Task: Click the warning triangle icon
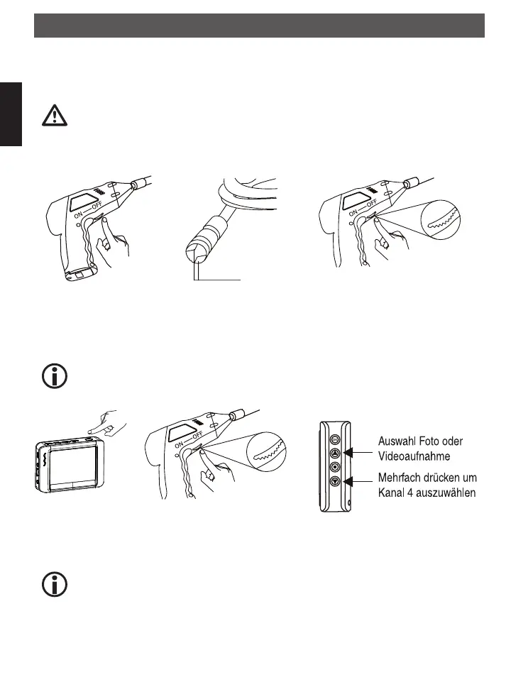(55, 114)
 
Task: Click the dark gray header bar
(259, 26)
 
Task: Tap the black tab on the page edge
(11, 114)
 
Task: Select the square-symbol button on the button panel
(335, 467)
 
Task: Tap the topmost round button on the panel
(335, 439)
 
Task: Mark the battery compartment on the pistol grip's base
(79, 273)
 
